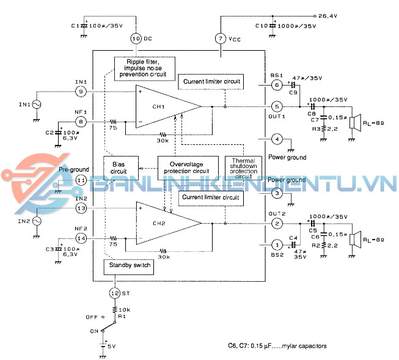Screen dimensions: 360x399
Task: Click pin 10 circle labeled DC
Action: pos(136,38)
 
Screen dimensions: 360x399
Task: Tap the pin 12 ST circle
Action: pos(114,293)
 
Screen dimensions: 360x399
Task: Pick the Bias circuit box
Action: pos(119,168)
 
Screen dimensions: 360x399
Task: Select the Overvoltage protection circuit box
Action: pos(188,168)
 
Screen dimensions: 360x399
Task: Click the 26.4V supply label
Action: pos(331,15)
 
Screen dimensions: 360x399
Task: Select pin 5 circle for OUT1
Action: pos(276,106)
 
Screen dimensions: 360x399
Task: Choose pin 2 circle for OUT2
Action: pos(276,223)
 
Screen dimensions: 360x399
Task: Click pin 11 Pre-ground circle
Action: pos(81,180)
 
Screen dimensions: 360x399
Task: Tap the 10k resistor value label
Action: pos(126,310)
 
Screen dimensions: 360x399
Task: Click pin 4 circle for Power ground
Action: pos(276,139)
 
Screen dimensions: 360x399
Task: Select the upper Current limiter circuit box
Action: pos(210,81)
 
